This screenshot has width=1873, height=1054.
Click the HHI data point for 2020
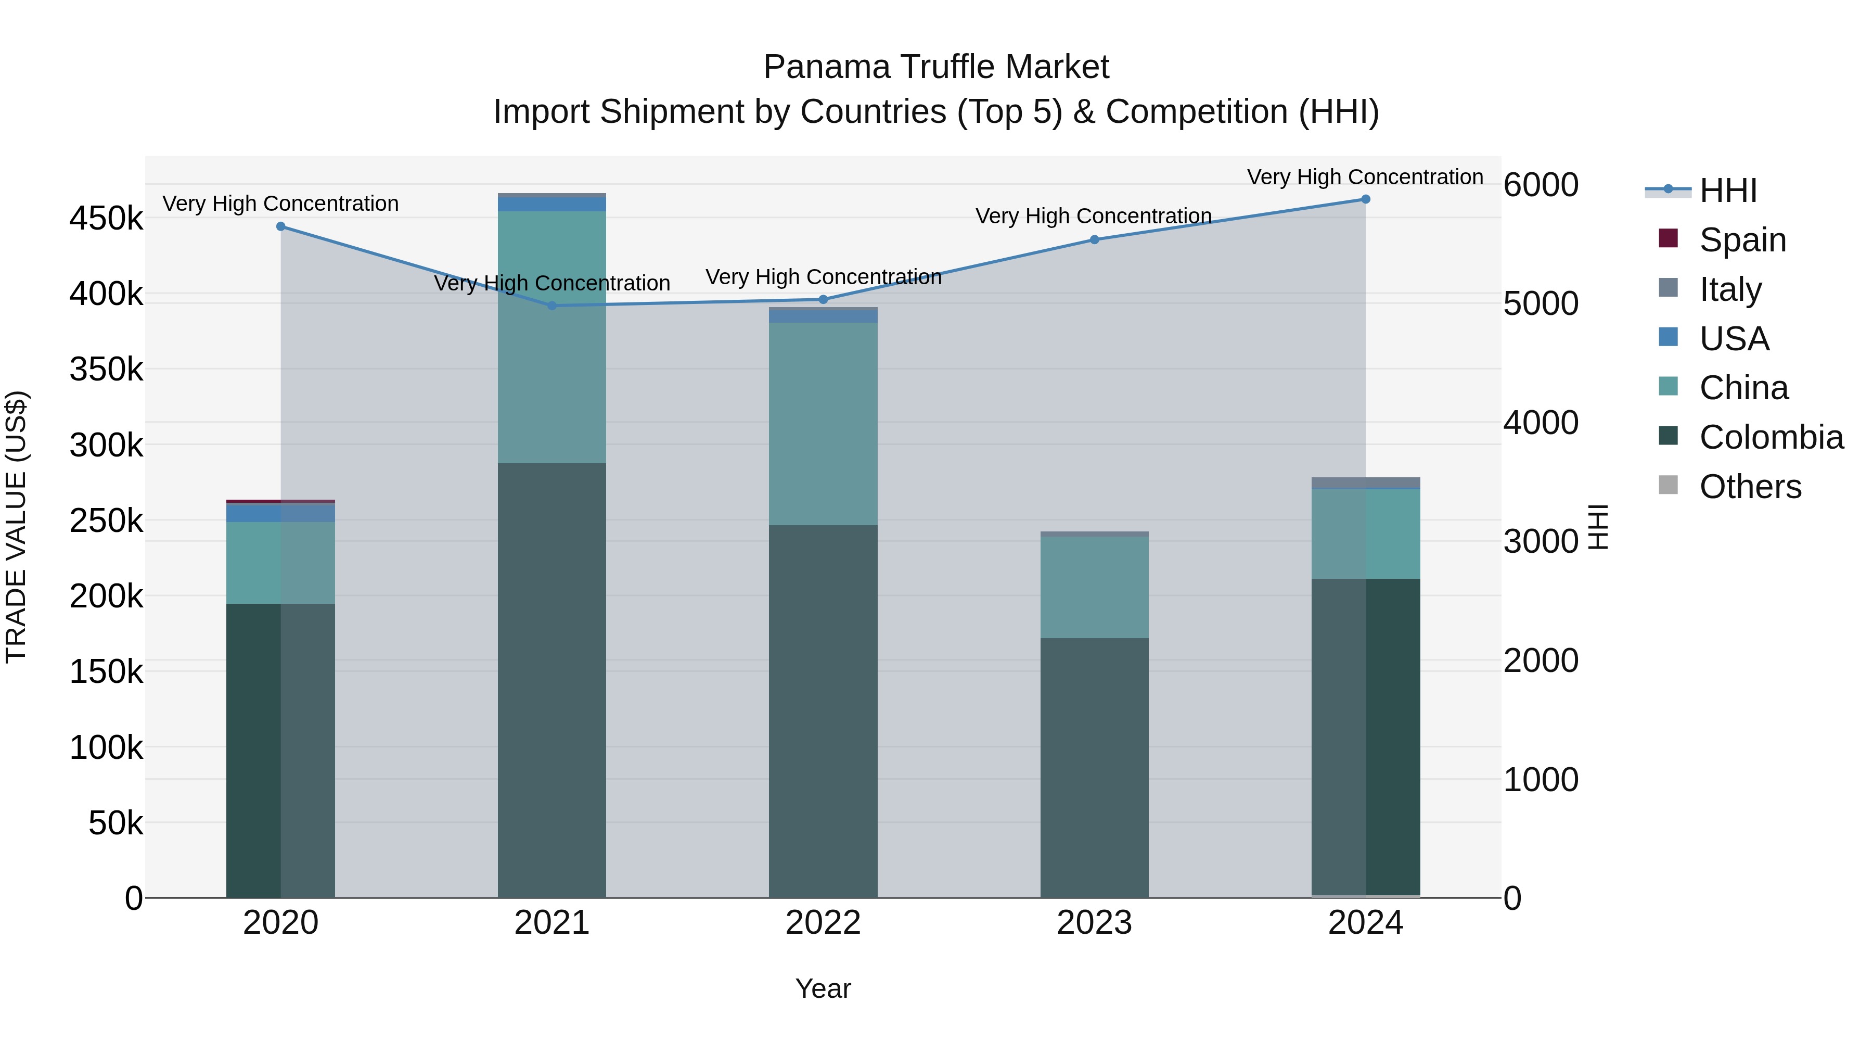pos(280,226)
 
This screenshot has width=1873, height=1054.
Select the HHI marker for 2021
pos(552,306)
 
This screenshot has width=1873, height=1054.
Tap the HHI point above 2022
pos(823,300)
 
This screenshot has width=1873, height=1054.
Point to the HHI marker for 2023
pos(1094,239)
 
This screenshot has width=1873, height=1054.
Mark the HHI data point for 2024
pos(1366,199)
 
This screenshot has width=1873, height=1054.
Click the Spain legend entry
pos(1742,240)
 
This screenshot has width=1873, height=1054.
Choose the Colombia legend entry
pos(1771,437)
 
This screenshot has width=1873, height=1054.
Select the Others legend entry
pos(1750,487)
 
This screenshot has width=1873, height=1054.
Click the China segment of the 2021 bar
pos(552,337)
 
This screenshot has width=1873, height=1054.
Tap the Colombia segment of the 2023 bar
pos(1094,767)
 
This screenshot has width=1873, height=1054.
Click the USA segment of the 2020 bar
pos(280,513)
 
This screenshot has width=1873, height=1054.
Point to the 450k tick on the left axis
pos(106,218)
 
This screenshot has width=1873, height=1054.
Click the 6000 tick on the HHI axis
pos(1541,185)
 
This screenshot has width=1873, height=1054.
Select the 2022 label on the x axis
pos(823,923)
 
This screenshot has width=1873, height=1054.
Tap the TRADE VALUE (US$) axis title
pos(17,527)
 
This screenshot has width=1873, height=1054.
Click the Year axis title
pos(823,988)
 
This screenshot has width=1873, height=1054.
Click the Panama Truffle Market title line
pos(936,67)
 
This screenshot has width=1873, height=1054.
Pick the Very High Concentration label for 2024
pos(1365,177)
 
